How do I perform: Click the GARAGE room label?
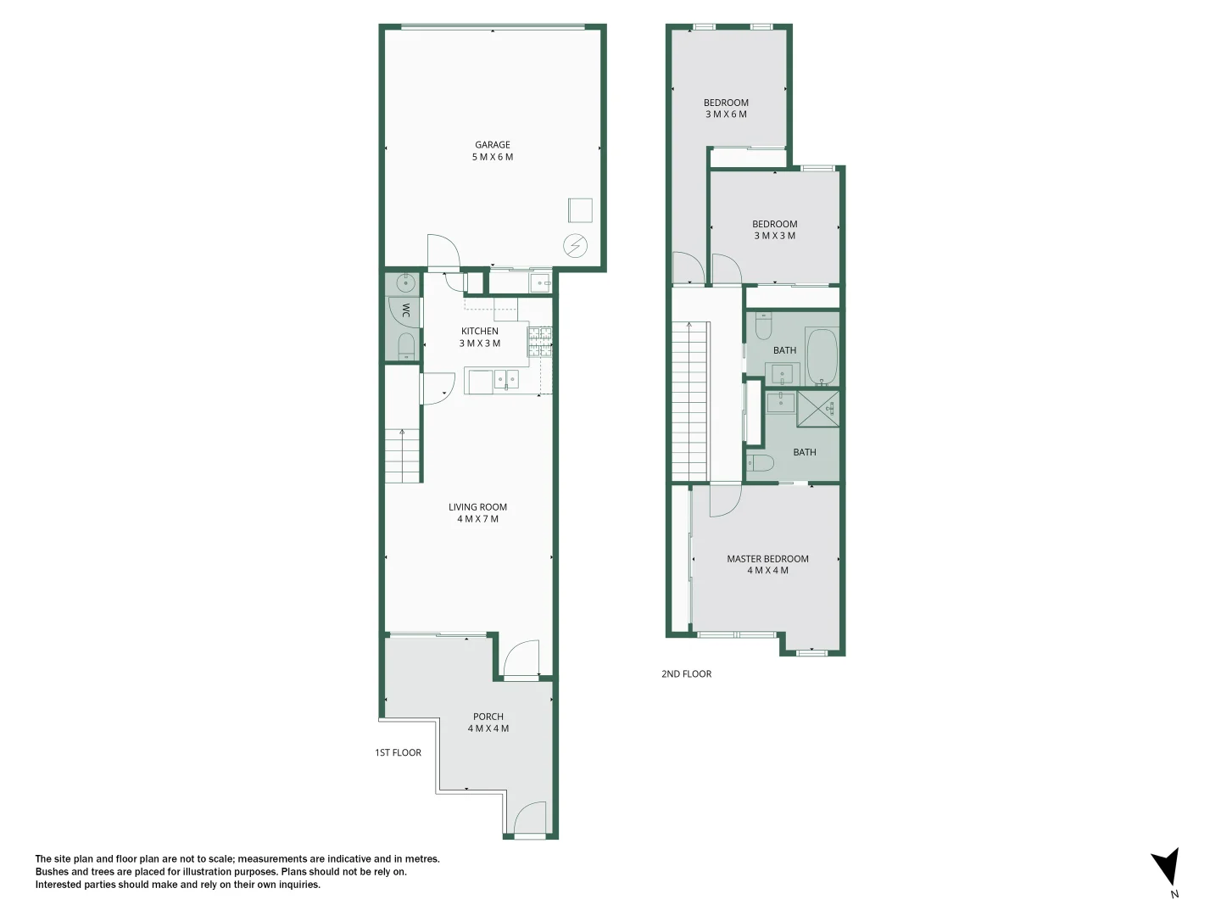[493, 145]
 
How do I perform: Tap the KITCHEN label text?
[480, 332]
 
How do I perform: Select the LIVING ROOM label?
[477, 507]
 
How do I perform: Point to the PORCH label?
[488, 717]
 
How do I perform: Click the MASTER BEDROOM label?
[767, 559]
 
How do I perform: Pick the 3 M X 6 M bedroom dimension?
[726, 114]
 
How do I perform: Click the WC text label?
[405, 310]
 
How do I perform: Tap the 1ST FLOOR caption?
[398, 752]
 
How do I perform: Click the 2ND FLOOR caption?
[686, 674]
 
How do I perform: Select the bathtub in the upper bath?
[821, 356]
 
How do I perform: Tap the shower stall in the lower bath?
[818, 409]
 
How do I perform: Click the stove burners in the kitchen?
[540, 341]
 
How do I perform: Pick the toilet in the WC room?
[406, 344]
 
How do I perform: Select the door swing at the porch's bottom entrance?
[530, 819]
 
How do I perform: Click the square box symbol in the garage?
[580, 209]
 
